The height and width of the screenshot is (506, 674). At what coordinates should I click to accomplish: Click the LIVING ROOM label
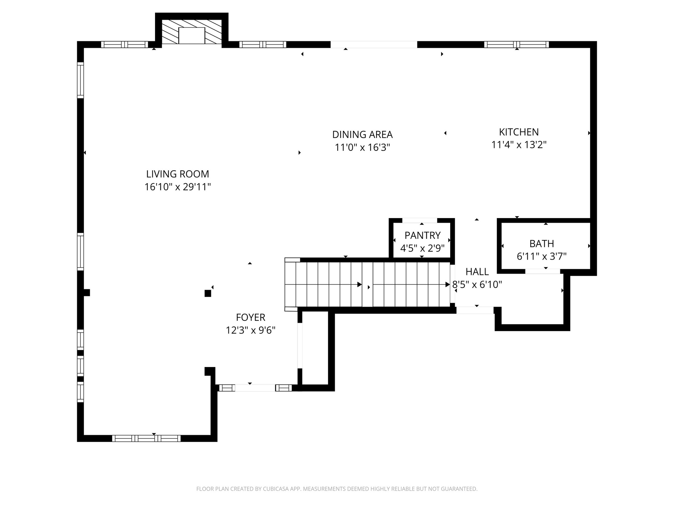point(177,174)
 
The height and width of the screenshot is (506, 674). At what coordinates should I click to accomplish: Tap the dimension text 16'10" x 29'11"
point(177,187)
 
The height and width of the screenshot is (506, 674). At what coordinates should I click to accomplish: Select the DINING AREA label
point(362,134)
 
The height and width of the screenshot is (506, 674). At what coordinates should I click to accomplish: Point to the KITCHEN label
point(519,132)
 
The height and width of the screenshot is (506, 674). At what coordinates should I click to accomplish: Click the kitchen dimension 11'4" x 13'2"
point(519,145)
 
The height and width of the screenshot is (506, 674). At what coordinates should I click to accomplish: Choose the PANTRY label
point(422,236)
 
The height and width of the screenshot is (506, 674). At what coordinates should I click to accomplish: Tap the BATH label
point(541,244)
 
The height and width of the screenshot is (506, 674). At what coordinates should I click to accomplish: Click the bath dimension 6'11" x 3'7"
point(541,256)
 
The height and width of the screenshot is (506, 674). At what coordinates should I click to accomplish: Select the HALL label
point(477,272)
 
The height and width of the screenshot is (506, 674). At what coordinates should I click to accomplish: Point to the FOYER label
point(250,317)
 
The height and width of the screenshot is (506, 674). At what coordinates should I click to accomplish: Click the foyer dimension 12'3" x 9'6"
point(250,330)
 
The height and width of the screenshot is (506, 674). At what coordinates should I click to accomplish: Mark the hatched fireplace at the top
point(192,31)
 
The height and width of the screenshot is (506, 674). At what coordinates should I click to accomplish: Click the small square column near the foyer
point(208,293)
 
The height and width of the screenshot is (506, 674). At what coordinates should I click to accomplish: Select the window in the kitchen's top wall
point(516,44)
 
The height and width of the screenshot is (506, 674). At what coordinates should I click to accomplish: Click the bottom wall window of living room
point(146,438)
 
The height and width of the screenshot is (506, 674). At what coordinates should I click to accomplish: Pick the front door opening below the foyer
point(255,388)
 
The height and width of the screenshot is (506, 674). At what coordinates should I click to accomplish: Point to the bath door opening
point(542,271)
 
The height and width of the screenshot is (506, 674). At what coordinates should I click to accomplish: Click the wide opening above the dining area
point(374,44)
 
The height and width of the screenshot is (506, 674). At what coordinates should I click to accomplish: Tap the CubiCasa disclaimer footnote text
point(337,489)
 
